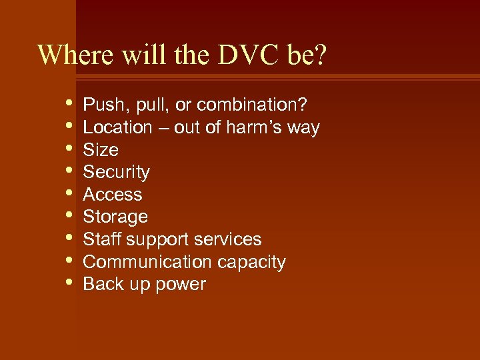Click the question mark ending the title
pyautogui.click(x=321, y=55)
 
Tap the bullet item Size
pyautogui.click(x=100, y=150)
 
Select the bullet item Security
pyautogui.click(x=116, y=172)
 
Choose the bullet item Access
pyautogui.click(x=112, y=195)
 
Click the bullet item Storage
pyautogui.click(x=115, y=217)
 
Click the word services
pyautogui.click(x=232, y=239)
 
